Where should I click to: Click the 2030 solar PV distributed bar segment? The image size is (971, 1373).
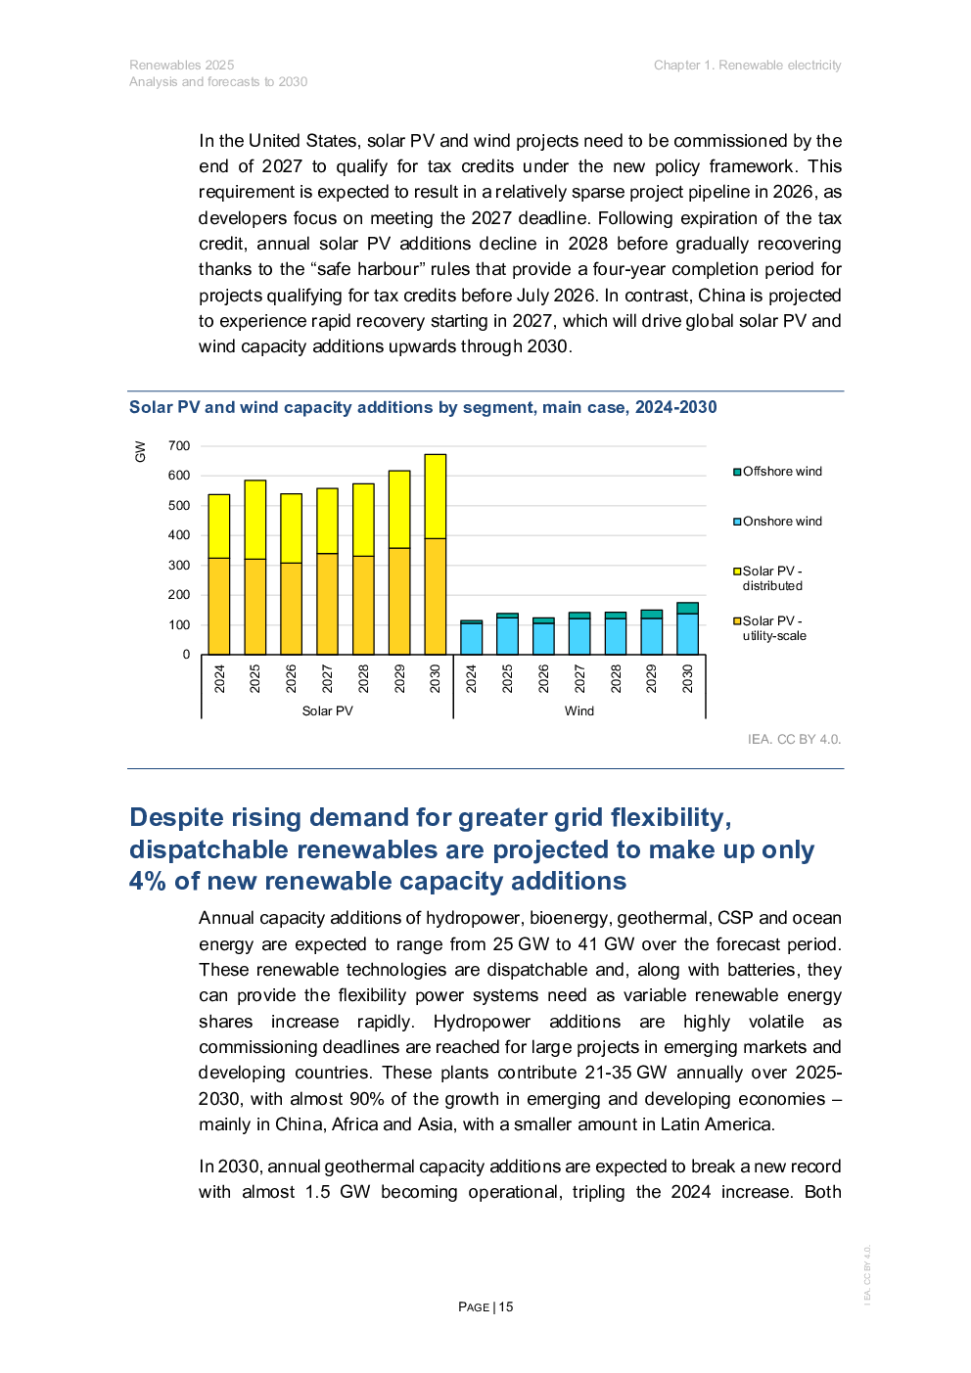[435, 496]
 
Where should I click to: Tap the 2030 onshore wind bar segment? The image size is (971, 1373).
[687, 634]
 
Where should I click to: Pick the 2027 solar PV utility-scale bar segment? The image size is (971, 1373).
[327, 604]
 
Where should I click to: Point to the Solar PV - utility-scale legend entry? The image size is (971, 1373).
[770, 628]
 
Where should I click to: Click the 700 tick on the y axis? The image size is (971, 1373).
[179, 446]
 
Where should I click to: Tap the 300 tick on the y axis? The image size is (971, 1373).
[179, 566]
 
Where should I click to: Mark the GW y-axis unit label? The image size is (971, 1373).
[140, 451]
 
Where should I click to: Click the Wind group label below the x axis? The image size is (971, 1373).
[578, 711]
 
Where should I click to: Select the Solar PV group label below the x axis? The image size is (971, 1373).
[327, 711]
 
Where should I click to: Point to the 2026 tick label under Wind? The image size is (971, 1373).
[543, 678]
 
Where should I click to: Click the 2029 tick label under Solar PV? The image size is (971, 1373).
[399, 678]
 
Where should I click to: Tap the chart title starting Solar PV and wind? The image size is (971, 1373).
[423, 407]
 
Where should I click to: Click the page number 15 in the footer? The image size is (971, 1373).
[505, 1306]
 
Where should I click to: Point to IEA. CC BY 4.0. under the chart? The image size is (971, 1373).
[794, 739]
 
